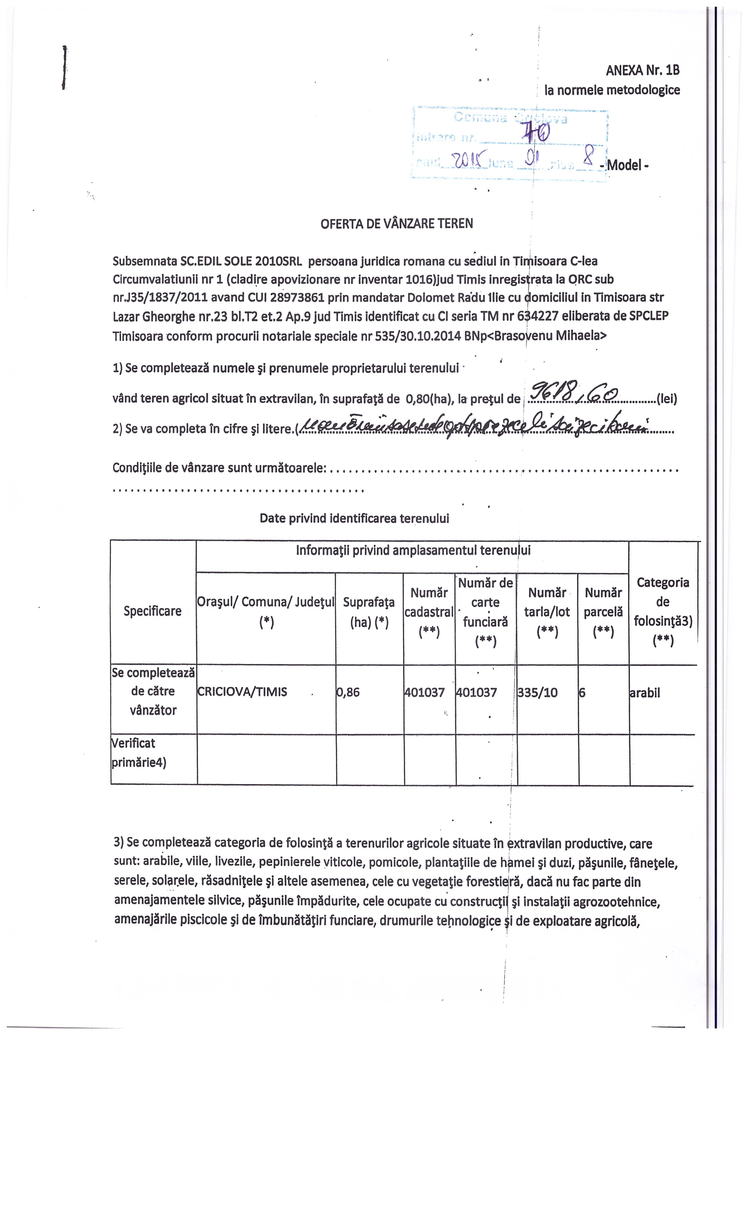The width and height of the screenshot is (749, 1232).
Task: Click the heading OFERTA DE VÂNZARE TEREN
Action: (x=396, y=224)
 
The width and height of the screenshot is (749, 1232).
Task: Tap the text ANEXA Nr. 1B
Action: (x=642, y=70)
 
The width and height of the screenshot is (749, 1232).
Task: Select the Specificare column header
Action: (x=153, y=611)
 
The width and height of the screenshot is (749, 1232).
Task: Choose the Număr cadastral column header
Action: (x=429, y=612)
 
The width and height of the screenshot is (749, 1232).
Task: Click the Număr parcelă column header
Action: (x=603, y=612)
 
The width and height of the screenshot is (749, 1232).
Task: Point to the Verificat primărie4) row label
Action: (x=139, y=752)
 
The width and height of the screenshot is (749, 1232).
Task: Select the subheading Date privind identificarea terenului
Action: (x=354, y=518)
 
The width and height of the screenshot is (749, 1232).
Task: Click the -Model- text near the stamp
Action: (x=626, y=165)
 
